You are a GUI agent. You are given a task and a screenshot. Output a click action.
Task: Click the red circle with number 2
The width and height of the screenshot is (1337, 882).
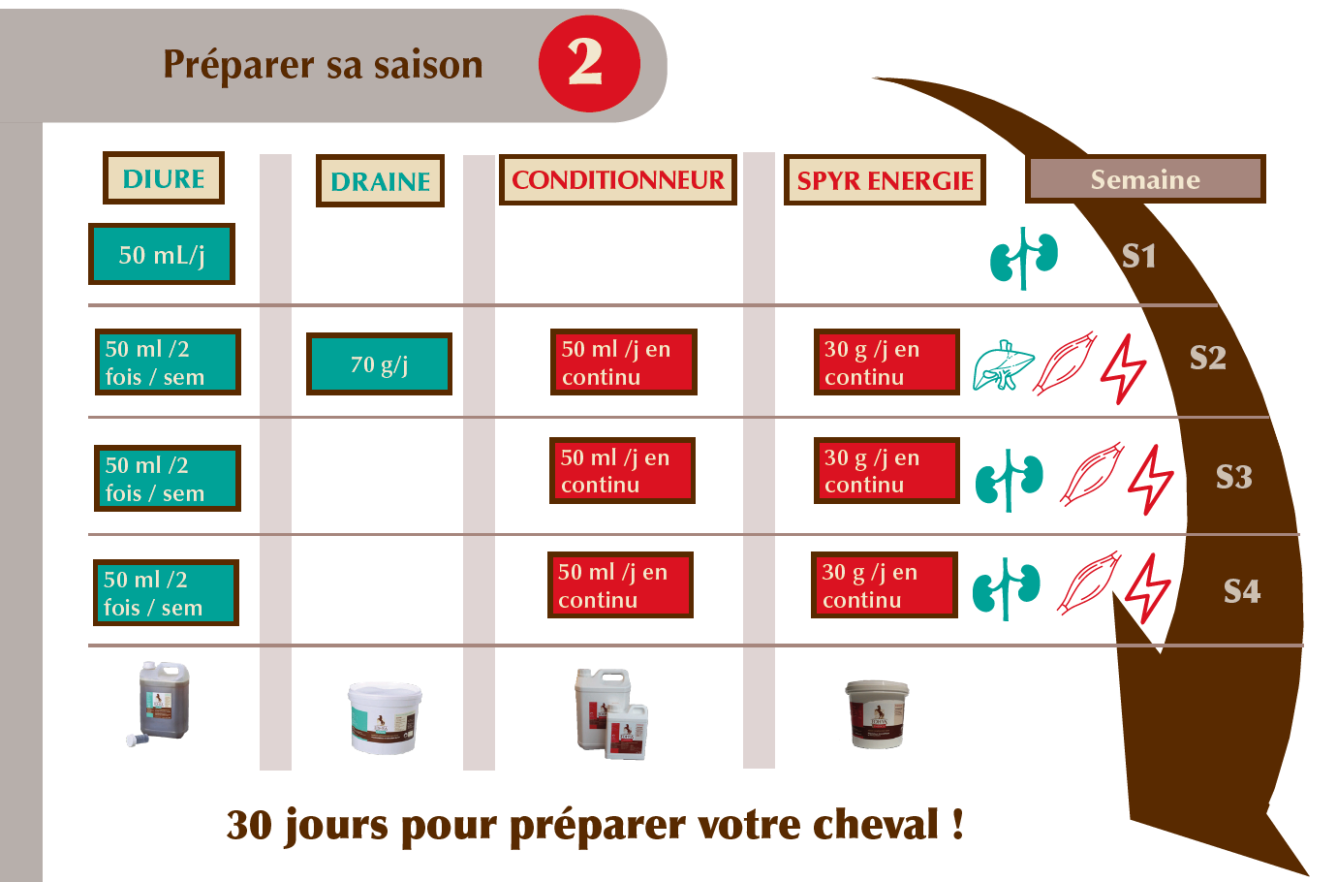coord(589,64)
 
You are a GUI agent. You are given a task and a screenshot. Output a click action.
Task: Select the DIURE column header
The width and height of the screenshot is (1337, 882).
coord(164,178)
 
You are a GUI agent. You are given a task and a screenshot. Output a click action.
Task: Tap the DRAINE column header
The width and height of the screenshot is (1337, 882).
coord(380,181)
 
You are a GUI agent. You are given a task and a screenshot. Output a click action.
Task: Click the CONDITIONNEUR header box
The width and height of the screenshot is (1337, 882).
coord(618,179)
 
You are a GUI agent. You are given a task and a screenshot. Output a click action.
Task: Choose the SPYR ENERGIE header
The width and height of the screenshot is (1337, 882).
coord(885,179)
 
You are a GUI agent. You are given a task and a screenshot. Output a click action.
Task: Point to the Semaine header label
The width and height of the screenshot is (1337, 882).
coord(1145,179)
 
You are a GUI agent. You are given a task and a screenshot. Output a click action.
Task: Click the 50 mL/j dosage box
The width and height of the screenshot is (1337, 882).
coord(162,254)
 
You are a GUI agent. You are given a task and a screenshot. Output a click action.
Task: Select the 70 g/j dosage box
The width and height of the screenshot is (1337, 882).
coord(379,363)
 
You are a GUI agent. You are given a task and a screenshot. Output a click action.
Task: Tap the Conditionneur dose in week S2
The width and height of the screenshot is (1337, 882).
coord(624,362)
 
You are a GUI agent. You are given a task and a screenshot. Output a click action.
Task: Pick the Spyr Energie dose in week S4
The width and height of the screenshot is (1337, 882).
coord(885,584)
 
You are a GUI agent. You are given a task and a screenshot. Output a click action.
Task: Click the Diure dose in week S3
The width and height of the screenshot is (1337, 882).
coord(168,478)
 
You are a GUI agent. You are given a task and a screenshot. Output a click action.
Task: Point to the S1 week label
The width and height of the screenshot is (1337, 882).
coord(1138,256)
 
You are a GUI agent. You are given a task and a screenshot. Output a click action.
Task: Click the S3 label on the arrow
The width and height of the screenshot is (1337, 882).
coord(1234,477)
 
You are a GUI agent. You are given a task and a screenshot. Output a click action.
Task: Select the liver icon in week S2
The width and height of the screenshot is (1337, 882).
coord(1004,364)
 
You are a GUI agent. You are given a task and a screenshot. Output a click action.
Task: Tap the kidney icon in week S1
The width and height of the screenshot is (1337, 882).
coord(1024,258)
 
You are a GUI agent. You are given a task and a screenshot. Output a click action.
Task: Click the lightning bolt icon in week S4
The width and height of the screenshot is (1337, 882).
coord(1147,588)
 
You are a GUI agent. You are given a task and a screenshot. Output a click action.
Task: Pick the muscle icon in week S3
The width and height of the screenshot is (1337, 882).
coord(1092,474)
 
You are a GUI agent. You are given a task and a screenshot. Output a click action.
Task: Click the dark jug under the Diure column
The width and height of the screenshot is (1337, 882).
coord(159,703)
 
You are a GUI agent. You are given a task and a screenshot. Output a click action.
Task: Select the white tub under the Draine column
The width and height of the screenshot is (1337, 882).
coord(385,718)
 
